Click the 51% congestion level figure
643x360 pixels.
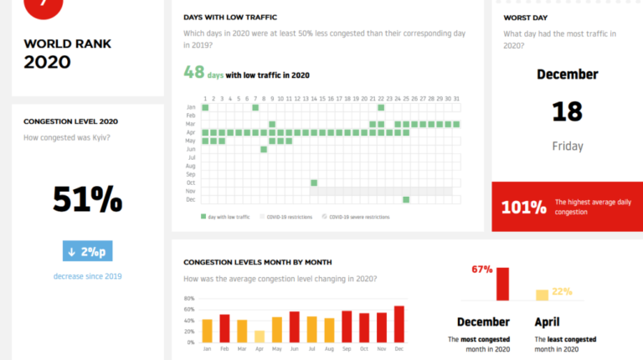tap(88, 199)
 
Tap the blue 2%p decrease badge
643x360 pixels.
tap(87, 251)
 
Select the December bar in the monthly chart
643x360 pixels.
tap(399, 324)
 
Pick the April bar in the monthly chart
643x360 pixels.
tap(259, 337)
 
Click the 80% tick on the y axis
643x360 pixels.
tap(188, 299)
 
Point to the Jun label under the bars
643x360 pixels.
tap(294, 348)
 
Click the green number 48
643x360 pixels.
tap(194, 73)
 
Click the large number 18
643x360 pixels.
tap(567, 111)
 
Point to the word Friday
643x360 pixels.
tap(567, 147)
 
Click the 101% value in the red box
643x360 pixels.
tap(523, 207)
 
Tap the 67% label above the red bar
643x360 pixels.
tap(481, 270)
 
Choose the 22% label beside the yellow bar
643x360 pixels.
tap(562, 291)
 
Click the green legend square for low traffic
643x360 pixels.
tap(203, 217)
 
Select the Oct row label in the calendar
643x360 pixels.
tap(191, 183)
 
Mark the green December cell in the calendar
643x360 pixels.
tap(406, 199)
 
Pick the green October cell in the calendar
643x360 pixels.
tap(314, 183)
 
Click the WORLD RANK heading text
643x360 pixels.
tap(67, 44)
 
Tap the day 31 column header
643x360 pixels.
tap(457, 99)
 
